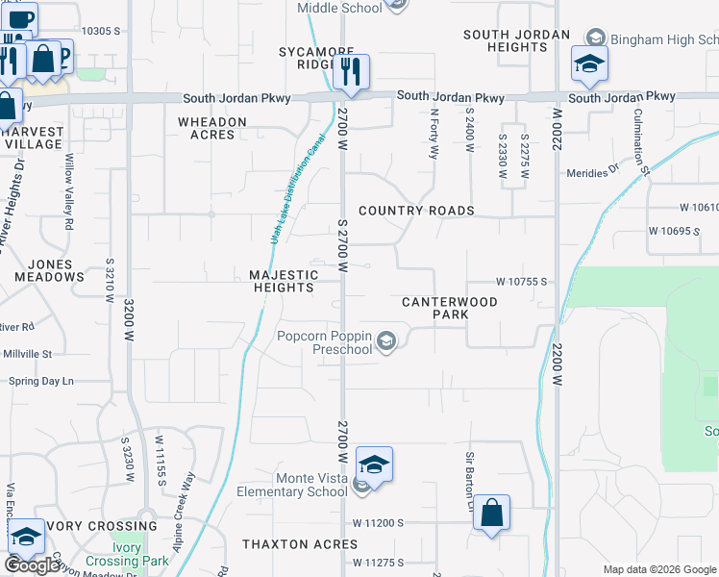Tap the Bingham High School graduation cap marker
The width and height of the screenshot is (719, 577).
(589, 63)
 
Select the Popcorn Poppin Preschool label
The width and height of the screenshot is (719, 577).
(324, 342)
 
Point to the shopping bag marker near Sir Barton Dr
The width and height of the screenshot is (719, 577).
(490, 513)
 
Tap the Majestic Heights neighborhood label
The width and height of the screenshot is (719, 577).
(283, 281)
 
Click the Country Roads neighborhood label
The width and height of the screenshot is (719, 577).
(416, 211)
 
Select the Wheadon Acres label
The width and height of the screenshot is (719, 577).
(211, 128)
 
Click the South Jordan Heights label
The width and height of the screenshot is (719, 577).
(505, 40)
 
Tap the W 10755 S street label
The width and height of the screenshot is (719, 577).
(521, 282)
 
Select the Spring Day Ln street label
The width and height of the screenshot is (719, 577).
(41, 382)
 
